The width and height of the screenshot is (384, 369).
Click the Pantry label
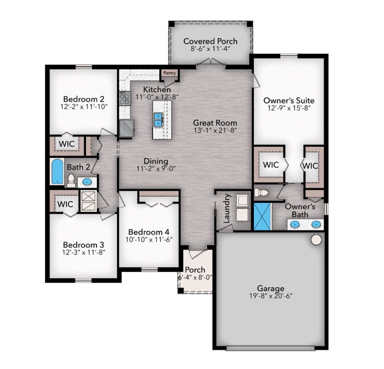169,73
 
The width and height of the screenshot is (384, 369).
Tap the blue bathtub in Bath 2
57,171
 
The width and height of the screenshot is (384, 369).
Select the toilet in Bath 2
71,180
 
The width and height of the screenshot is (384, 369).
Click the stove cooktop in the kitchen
125,98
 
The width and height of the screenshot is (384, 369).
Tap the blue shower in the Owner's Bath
262,216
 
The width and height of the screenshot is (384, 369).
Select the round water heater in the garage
316,239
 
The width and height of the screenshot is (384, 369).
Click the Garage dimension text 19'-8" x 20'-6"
271,296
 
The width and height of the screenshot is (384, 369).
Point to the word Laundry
227,208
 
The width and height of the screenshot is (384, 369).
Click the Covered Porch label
210,41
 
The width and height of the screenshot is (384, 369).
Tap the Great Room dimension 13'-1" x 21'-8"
215,130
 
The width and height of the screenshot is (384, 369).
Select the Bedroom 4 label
148,232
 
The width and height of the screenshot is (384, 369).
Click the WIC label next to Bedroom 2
67,144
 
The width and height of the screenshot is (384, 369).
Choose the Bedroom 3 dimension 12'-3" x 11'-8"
84,252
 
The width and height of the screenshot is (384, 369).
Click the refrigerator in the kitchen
126,128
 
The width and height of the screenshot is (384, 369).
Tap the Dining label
156,161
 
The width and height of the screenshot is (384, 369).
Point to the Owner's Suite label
289,100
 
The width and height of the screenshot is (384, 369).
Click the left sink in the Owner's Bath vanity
295,224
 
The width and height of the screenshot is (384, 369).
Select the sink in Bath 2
87,181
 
